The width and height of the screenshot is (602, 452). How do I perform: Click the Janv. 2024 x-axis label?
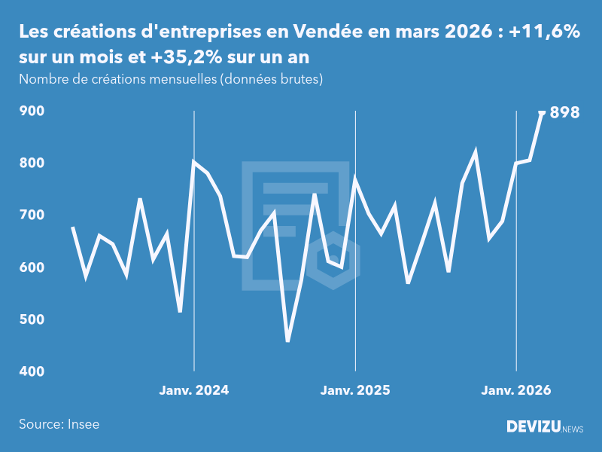click(x=194, y=390)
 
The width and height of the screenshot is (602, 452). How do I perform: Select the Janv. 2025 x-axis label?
click(x=355, y=390)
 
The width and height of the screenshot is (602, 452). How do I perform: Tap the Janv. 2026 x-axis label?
click(x=516, y=390)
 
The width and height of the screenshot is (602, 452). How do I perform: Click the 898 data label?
click(x=564, y=113)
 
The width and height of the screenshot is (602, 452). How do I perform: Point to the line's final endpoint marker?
click(x=542, y=113)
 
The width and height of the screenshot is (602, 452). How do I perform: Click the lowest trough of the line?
click(x=287, y=341)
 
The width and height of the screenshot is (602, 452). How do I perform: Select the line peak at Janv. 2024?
click(x=194, y=161)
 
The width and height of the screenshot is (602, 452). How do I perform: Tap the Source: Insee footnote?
click(x=59, y=424)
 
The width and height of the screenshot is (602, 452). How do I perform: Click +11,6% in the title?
click(x=544, y=32)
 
